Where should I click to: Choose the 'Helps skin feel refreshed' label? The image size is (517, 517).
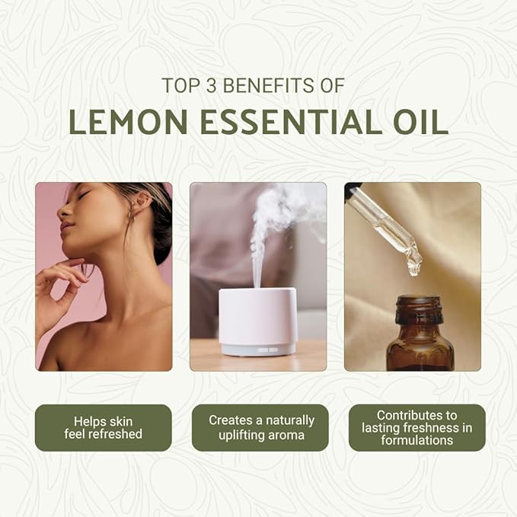coord(103,427)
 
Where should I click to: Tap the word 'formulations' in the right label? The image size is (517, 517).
coord(416,440)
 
